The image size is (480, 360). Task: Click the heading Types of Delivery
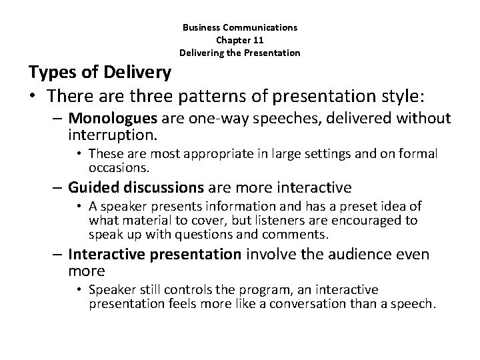click(99, 71)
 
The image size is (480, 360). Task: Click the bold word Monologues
click(107, 119)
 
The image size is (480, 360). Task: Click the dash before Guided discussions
click(59, 187)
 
